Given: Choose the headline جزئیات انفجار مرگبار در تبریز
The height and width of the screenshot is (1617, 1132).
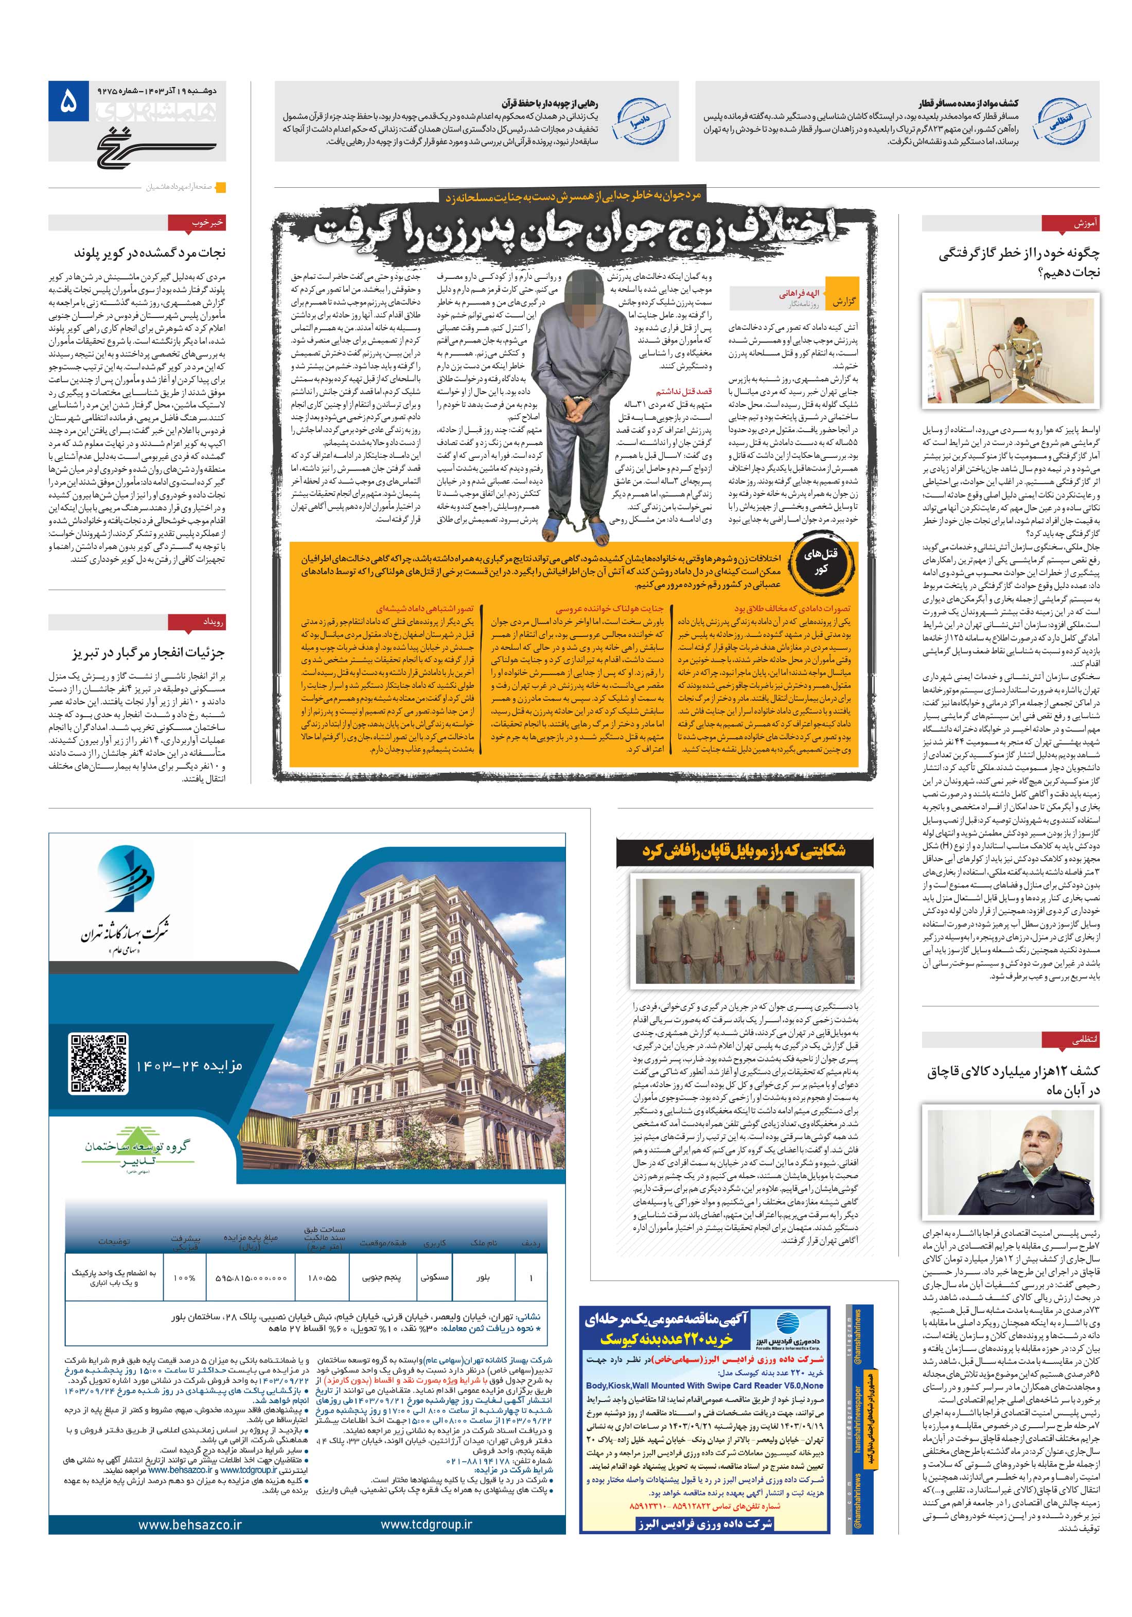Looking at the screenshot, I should click(x=147, y=653).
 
